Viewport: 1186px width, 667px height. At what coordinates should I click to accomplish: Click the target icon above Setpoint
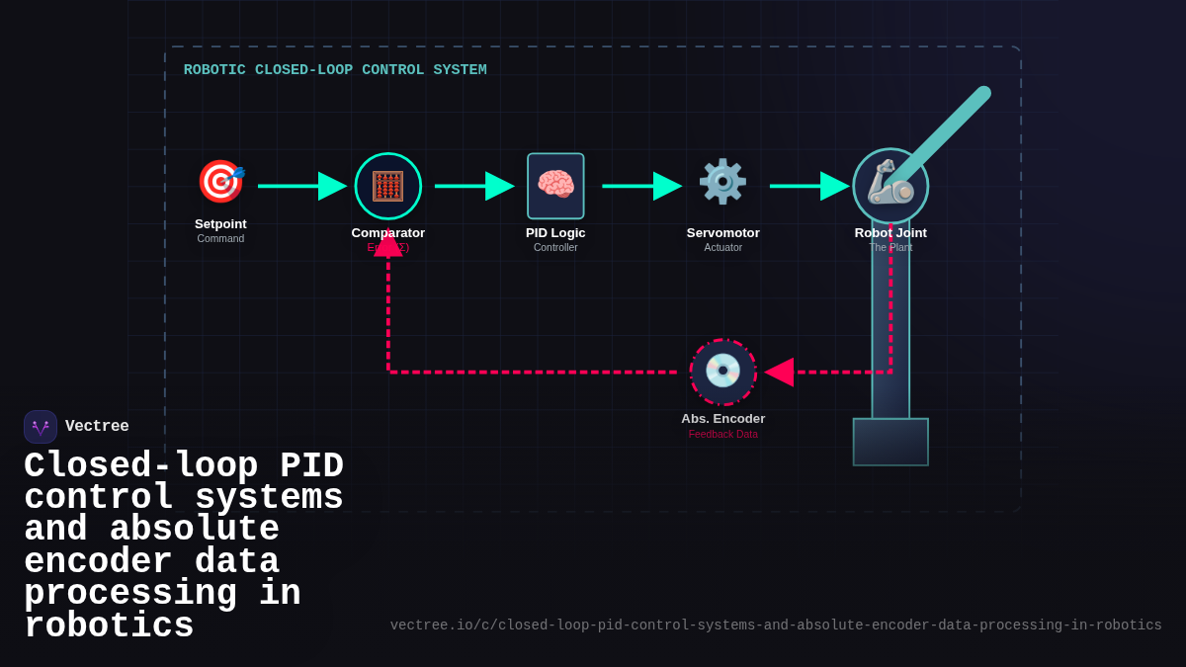click(x=220, y=182)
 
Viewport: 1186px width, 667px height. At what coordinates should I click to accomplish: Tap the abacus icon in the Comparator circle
click(x=387, y=186)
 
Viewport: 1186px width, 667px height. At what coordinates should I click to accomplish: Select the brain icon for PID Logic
click(x=555, y=186)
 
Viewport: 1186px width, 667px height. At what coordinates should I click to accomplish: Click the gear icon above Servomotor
click(x=722, y=182)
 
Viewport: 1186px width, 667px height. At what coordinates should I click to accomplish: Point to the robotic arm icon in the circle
click(x=889, y=184)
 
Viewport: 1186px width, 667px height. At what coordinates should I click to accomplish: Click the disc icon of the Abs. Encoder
click(x=722, y=372)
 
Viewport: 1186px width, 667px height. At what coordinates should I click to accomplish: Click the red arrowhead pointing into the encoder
click(x=780, y=373)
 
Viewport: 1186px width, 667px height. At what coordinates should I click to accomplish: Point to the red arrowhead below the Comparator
click(x=388, y=245)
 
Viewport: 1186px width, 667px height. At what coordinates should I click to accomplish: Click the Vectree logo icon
click(x=41, y=427)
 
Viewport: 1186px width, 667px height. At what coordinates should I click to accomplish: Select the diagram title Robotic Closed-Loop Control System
click(x=335, y=70)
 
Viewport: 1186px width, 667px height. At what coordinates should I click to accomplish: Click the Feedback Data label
click(x=722, y=434)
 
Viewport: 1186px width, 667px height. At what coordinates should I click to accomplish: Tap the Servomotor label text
click(x=722, y=232)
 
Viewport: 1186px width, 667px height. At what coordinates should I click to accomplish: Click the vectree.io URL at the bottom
click(x=776, y=625)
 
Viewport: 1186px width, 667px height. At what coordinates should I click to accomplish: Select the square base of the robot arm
click(x=890, y=442)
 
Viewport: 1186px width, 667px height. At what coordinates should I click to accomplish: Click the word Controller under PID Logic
click(x=555, y=247)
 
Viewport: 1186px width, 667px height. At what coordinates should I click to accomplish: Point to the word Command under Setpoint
click(x=220, y=238)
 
